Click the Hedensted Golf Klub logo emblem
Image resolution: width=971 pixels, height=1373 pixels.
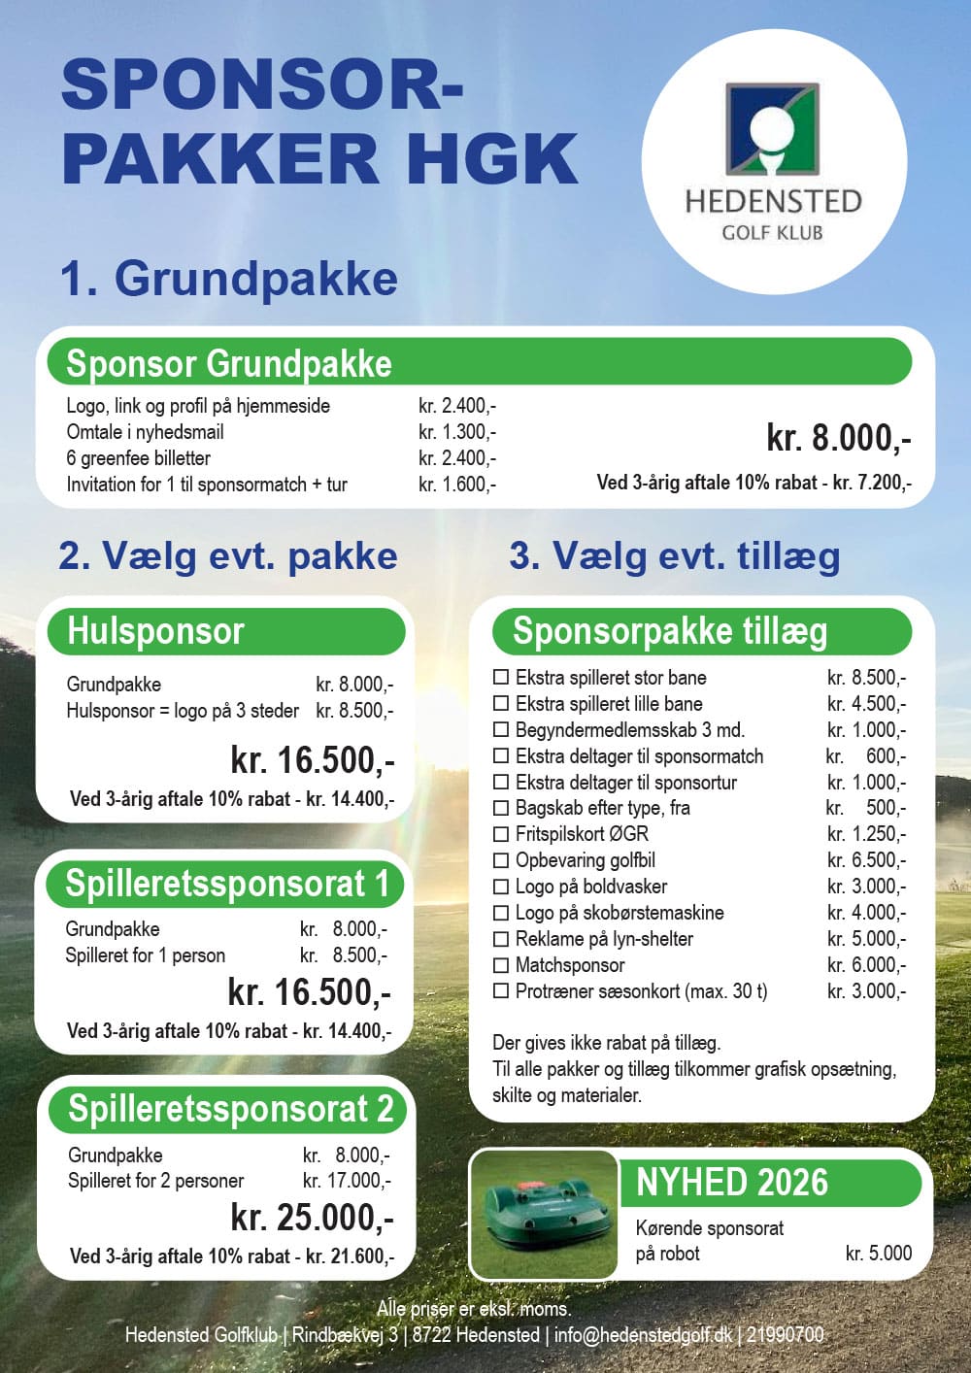click(x=773, y=127)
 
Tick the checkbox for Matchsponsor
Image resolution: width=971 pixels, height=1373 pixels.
click(x=501, y=965)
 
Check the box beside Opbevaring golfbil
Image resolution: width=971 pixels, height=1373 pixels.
click(x=501, y=860)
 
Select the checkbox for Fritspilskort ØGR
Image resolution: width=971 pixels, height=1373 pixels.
click(x=501, y=834)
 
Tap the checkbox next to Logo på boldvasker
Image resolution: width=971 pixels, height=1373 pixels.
click(x=501, y=887)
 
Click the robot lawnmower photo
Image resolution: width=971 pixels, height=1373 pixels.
click(x=545, y=1215)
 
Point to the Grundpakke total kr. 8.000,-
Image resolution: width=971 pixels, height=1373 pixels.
click(x=838, y=438)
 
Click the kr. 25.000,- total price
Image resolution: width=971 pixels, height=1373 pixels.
click(x=312, y=1217)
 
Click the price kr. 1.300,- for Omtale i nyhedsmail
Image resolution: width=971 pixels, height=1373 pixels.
click(x=457, y=432)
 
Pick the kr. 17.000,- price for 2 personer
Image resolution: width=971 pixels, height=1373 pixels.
click(x=347, y=1181)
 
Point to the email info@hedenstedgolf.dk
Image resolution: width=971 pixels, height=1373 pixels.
click(x=643, y=1335)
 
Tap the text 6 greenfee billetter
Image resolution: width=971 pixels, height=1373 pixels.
click(x=138, y=458)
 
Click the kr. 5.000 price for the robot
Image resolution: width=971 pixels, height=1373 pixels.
click(x=878, y=1254)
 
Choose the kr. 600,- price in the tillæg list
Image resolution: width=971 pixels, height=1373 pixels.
click(x=867, y=756)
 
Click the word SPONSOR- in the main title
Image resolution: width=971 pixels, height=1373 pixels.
click(x=262, y=84)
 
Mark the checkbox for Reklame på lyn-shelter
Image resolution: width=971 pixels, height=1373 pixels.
click(x=501, y=939)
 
